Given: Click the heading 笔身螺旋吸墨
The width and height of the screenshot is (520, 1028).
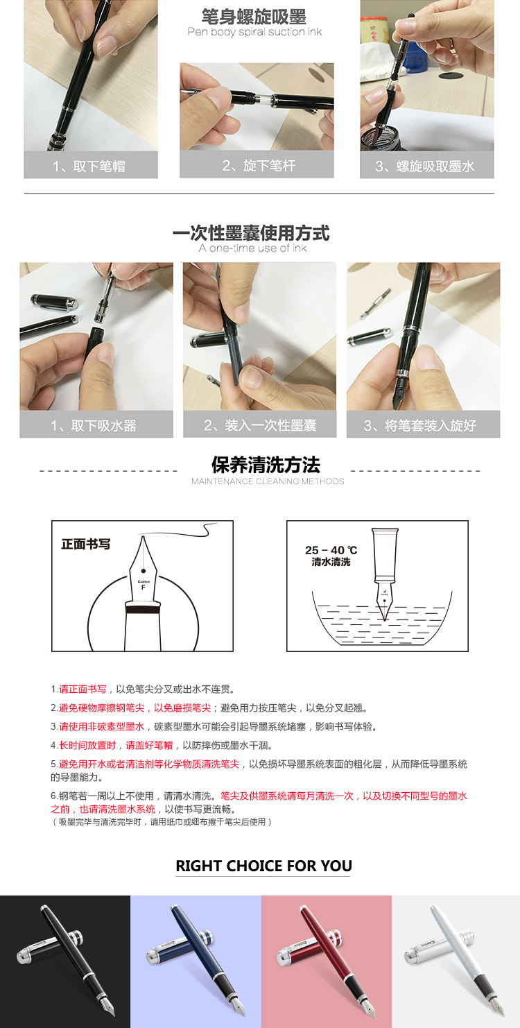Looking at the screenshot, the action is (x=254, y=17).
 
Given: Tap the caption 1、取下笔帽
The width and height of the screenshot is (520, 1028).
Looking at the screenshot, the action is (x=89, y=166).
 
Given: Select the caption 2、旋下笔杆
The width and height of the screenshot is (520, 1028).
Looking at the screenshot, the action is (x=259, y=166).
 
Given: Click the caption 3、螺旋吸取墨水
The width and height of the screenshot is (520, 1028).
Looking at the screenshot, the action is (x=424, y=166).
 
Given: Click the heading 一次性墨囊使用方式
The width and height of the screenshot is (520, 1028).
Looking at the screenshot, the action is (x=251, y=232).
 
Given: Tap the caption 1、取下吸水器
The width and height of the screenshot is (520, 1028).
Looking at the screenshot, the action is (x=94, y=425).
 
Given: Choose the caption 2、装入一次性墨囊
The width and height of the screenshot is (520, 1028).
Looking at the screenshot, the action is (x=260, y=425).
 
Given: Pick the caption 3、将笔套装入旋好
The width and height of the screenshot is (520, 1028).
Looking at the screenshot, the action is (x=420, y=425).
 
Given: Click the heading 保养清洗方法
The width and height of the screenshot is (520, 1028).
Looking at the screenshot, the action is (x=266, y=465).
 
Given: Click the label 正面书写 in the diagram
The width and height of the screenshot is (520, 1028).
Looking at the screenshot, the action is (x=86, y=545).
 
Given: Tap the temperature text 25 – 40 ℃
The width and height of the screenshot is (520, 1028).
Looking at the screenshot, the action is (x=331, y=550).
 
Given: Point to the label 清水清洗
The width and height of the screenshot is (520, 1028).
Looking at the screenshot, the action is (x=331, y=562).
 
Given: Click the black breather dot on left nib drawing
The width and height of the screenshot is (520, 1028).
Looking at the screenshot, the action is (x=143, y=571).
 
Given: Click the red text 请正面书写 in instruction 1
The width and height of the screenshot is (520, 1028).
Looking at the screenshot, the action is (x=83, y=689).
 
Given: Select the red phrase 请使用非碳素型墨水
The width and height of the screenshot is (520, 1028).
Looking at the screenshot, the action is (x=101, y=726).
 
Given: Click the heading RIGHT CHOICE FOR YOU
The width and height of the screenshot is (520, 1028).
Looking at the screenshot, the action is (x=263, y=866).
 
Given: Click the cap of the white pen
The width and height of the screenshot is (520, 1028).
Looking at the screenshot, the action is (x=439, y=943).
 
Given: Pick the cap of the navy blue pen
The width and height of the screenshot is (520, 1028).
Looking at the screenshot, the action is (x=180, y=943).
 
